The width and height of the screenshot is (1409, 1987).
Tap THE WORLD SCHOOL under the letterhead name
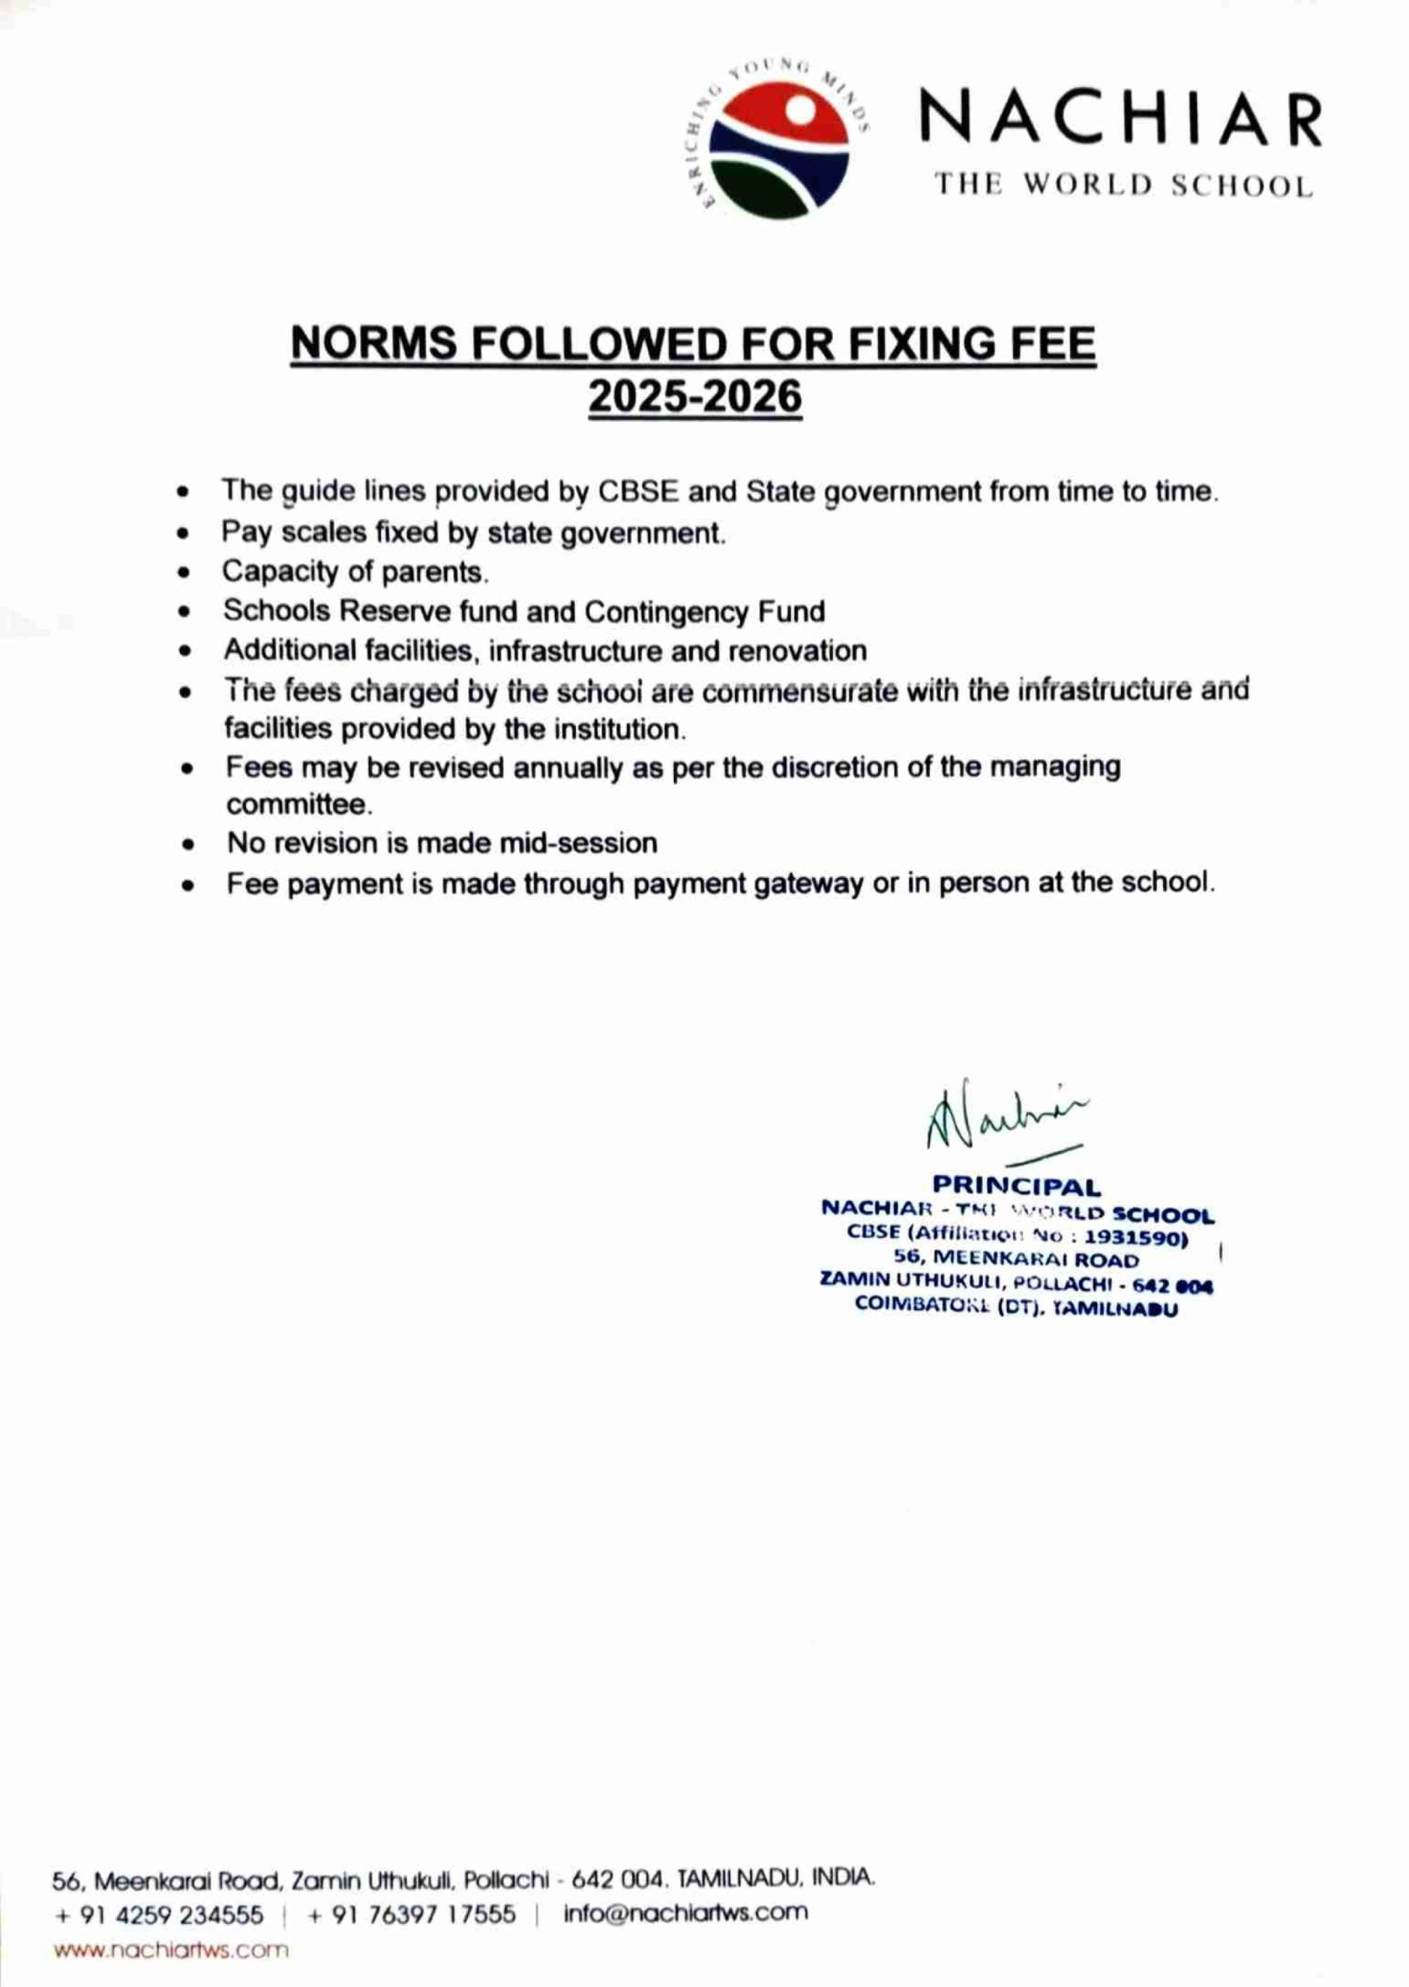point(1123,186)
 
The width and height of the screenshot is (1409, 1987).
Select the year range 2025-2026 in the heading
point(695,398)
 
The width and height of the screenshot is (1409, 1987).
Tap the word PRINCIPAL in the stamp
point(1016,1187)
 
